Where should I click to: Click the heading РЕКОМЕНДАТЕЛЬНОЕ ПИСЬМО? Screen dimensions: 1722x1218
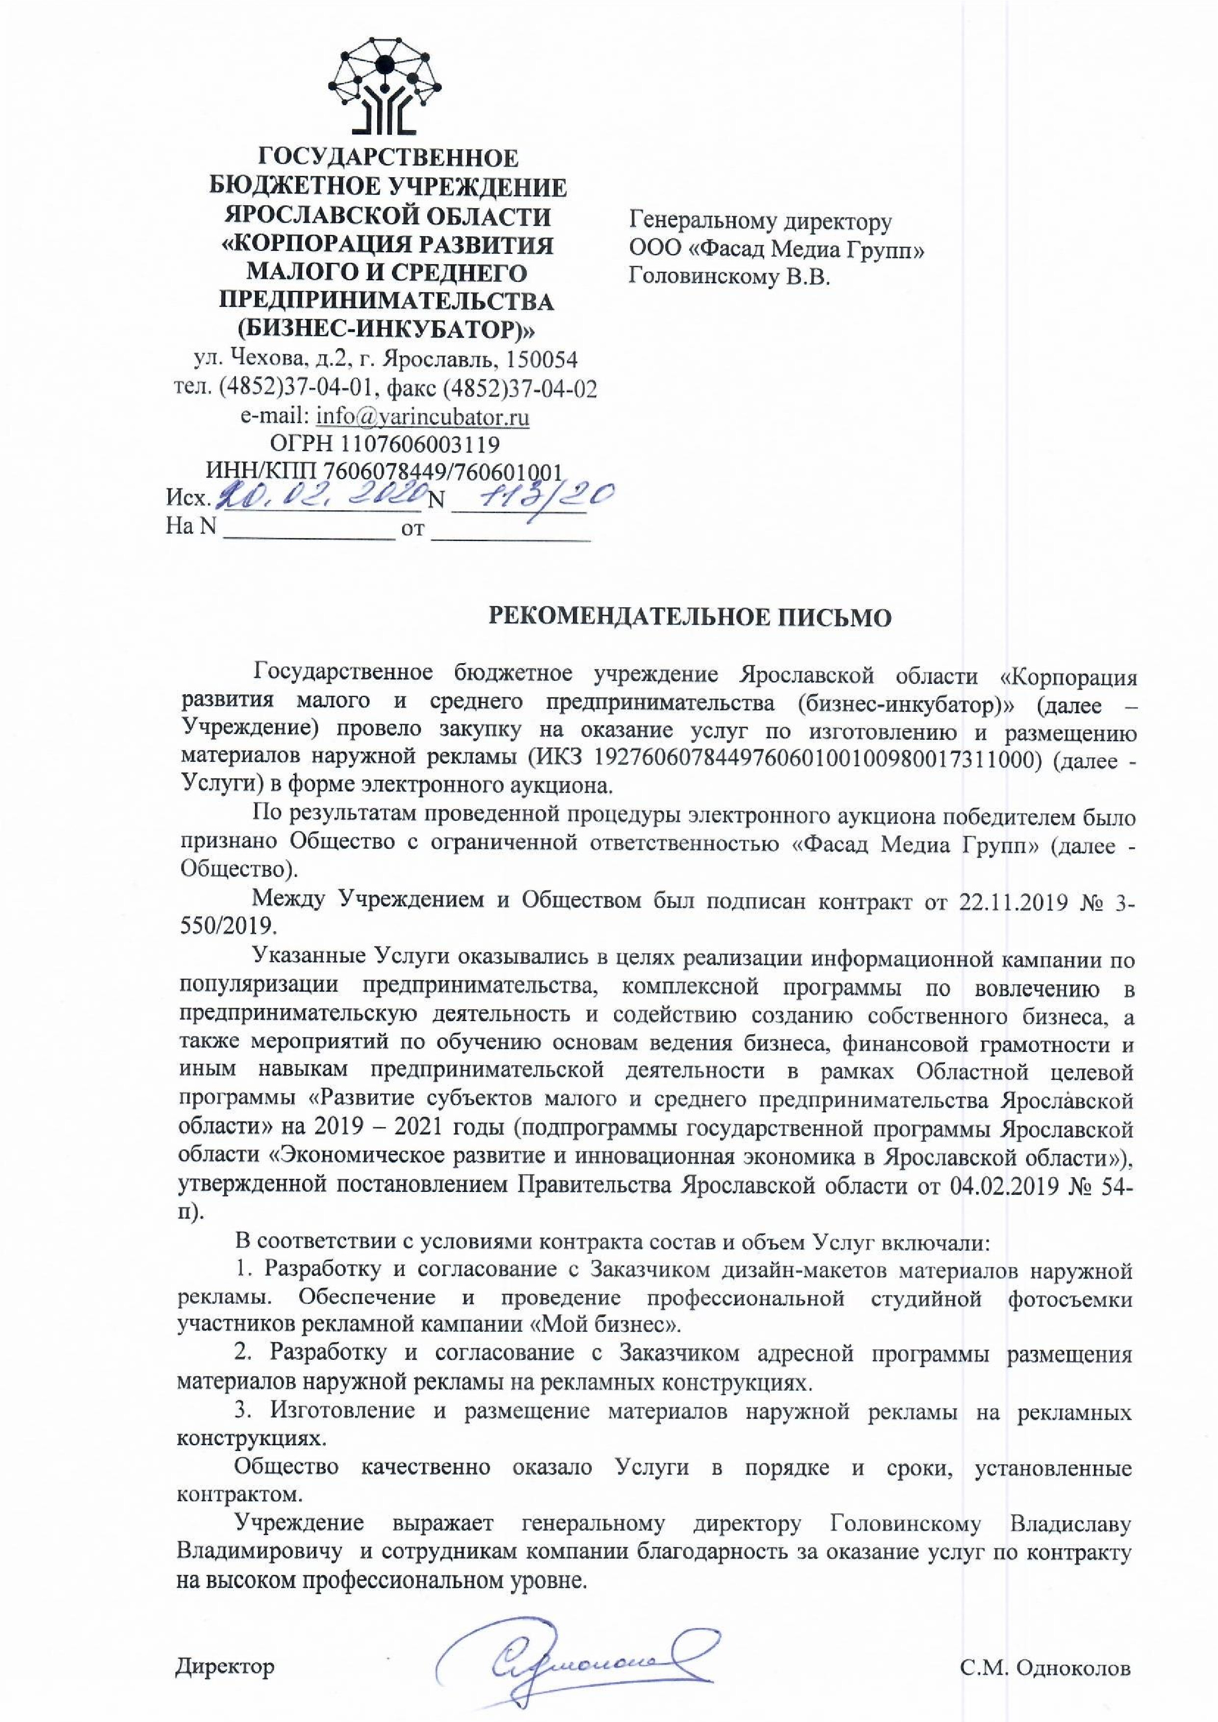[690, 616]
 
